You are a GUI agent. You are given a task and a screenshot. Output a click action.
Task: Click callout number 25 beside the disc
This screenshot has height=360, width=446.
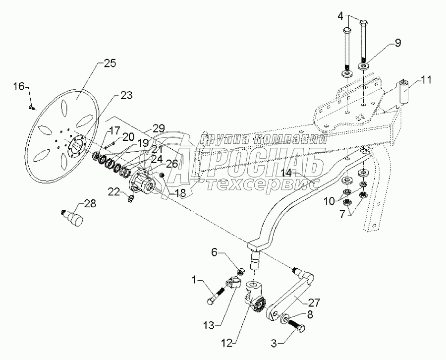pyautogui.click(x=110, y=63)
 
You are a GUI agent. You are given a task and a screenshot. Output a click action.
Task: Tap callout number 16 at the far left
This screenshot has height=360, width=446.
pyautogui.click(x=19, y=86)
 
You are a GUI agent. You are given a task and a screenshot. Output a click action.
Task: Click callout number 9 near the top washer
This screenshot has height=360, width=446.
pyautogui.click(x=397, y=43)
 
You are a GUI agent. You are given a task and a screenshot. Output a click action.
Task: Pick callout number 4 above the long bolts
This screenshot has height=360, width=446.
pyautogui.click(x=340, y=16)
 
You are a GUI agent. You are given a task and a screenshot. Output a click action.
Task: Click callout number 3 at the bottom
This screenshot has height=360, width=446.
pyautogui.click(x=274, y=343)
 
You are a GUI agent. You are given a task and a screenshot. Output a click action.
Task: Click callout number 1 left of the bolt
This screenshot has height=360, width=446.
pyautogui.click(x=195, y=280)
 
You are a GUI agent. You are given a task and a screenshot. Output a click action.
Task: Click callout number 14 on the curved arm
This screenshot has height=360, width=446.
pyautogui.click(x=289, y=173)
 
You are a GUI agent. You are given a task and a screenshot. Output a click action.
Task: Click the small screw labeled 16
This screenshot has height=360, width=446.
pyautogui.click(x=31, y=108)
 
